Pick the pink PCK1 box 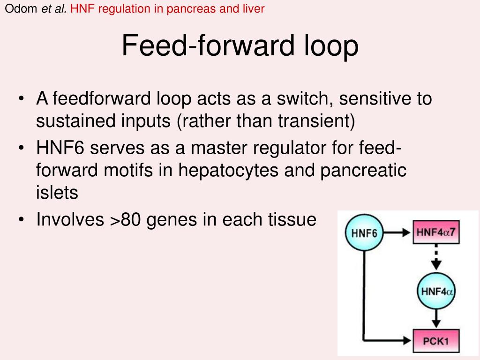click(436, 341)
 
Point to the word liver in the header click(255, 8)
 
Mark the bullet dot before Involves click(22, 219)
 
